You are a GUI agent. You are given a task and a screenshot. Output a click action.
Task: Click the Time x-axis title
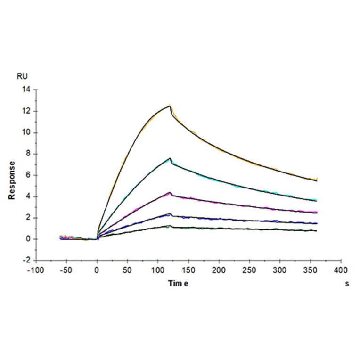(x=179, y=283)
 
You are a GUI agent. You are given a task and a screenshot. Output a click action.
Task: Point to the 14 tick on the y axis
(x=26, y=90)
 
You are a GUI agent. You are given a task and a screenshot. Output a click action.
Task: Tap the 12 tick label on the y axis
(x=26, y=111)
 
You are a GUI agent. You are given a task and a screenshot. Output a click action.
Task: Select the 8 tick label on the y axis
(x=28, y=154)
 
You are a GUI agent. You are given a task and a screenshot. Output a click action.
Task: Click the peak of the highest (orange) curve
(x=170, y=106)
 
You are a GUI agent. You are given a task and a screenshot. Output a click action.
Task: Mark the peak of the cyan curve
(x=170, y=158)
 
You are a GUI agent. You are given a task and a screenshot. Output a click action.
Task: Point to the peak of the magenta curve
(x=170, y=192)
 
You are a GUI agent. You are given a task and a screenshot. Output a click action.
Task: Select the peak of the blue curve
(x=170, y=214)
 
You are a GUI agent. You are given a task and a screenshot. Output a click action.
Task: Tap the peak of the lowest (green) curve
(x=170, y=226)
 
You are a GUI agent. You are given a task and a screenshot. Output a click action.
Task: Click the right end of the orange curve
(x=317, y=180)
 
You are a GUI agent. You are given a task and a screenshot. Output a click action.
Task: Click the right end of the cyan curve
(x=317, y=200)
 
